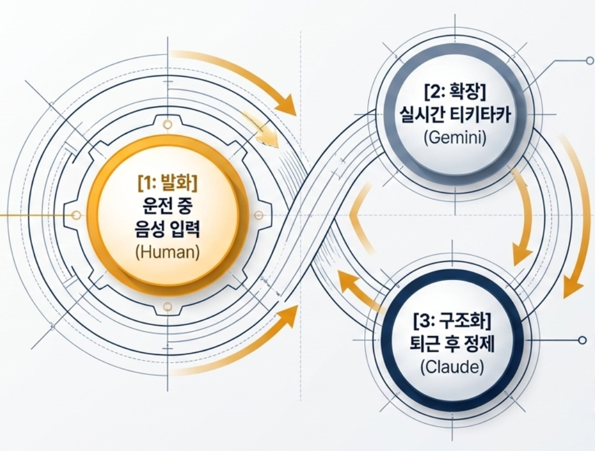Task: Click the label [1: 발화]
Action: (x=168, y=183)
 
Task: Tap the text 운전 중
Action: (x=168, y=207)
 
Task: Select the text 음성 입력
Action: (x=168, y=231)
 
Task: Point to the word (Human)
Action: (x=167, y=254)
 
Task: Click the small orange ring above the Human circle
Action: (x=167, y=124)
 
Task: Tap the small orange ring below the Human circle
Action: (x=167, y=306)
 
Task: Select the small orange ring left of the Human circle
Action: (x=76, y=215)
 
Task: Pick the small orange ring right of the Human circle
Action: (x=259, y=215)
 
